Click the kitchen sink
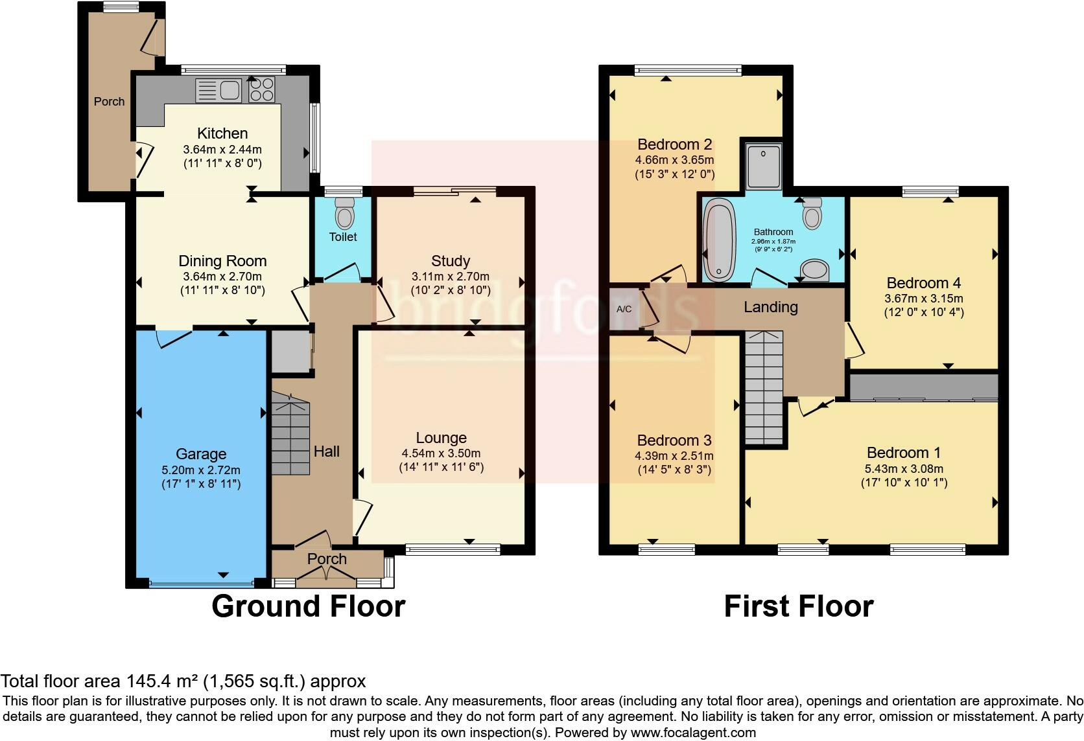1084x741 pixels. (x=219, y=91)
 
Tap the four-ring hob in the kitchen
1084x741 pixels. (x=262, y=90)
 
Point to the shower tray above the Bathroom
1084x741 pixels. (x=763, y=166)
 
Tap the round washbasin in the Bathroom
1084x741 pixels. (x=815, y=271)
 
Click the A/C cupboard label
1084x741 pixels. (x=624, y=309)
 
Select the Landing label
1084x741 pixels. (x=770, y=307)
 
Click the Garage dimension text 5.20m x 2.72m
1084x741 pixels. (x=201, y=470)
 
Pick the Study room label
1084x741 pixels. (x=450, y=261)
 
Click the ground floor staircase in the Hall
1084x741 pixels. (x=290, y=437)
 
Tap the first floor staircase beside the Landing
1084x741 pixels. (x=764, y=387)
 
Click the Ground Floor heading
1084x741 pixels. (x=308, y=606)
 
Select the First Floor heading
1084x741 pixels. (x=798, y=606)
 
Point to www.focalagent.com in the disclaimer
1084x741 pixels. (x=693, y=733)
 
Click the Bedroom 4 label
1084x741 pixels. (x=923, y=283)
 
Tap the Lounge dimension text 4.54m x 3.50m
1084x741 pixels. (x=441, y=453)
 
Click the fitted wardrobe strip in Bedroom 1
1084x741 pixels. (x=923, y=387)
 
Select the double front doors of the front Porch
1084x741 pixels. (x=327, y=575)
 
